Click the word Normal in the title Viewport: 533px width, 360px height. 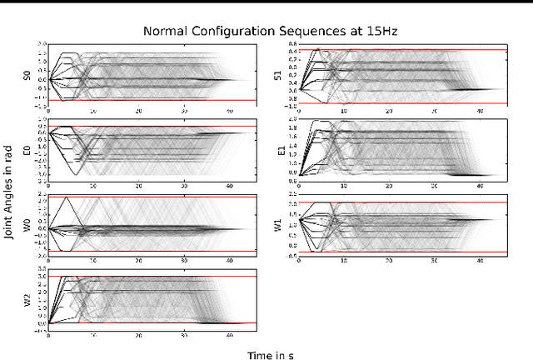163,32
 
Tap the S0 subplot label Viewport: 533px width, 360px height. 27,75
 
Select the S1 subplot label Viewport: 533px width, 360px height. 277,75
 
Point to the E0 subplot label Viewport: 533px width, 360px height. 27,151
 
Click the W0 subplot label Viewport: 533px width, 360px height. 27,225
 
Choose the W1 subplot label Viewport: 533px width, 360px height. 277,225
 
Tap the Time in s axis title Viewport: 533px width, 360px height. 269,355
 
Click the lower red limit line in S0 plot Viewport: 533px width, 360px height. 150,100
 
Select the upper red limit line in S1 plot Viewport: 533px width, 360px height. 400,50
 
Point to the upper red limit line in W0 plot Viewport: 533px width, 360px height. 150,197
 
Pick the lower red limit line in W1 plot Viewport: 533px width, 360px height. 400,251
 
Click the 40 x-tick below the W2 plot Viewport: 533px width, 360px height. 229,337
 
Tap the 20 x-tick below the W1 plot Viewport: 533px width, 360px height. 389,262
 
